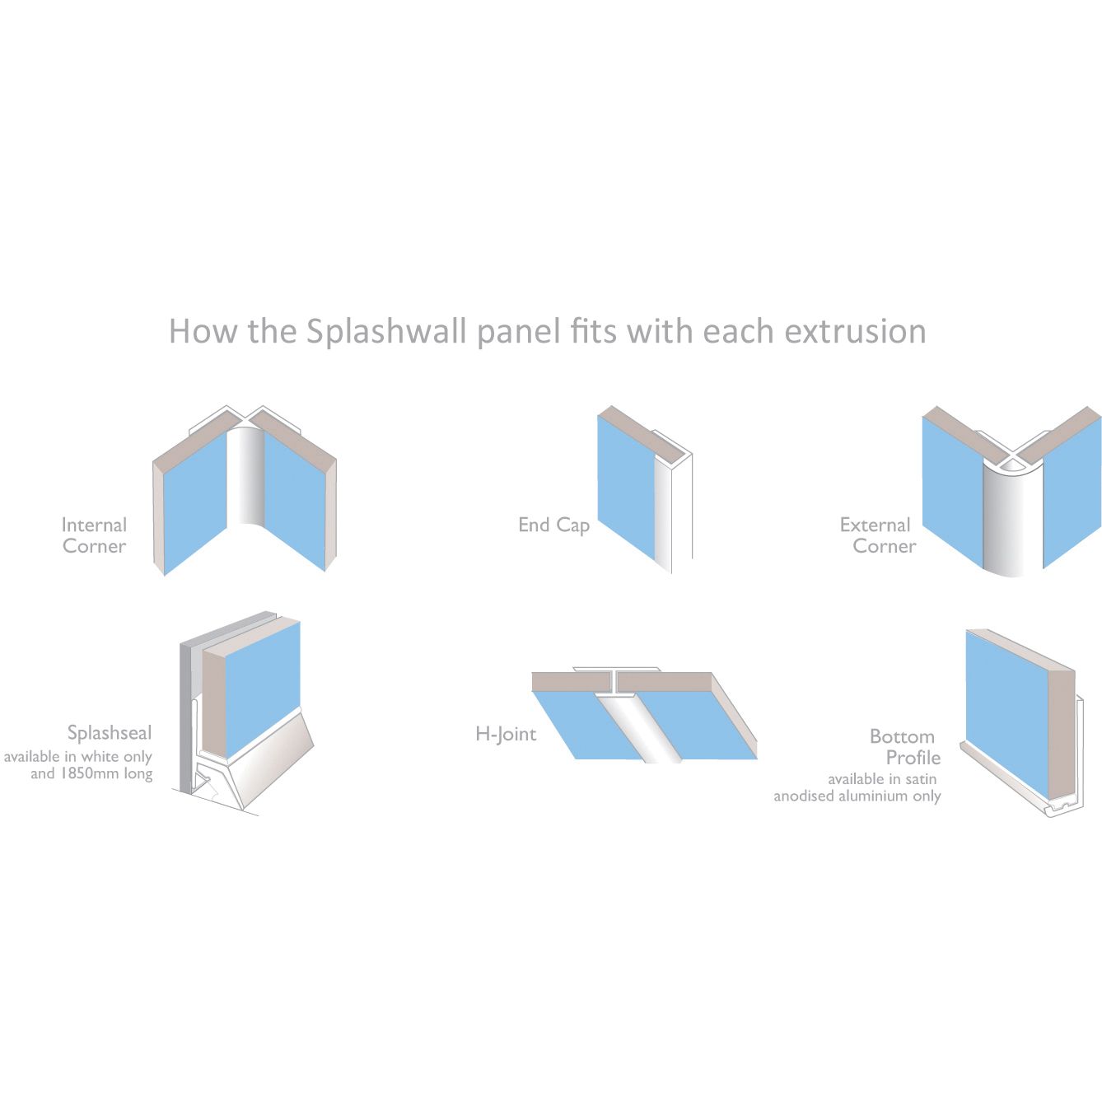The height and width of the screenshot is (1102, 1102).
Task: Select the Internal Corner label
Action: click(94, 535)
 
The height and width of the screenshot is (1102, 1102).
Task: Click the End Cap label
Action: click(553, 525)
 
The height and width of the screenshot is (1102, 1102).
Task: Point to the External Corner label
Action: click(876, 535)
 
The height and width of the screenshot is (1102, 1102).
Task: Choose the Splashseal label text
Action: click(110, 733)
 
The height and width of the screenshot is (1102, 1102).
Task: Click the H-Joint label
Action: click(506, 734)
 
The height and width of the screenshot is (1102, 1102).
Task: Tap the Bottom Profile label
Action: click(904, 747)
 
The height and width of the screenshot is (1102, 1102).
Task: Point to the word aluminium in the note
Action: click(871, 796)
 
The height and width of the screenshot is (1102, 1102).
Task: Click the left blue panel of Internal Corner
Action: click(194, 502)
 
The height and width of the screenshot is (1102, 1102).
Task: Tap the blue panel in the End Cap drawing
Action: click(625, 486)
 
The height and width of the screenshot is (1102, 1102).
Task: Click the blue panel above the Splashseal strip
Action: click(262, 684)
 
